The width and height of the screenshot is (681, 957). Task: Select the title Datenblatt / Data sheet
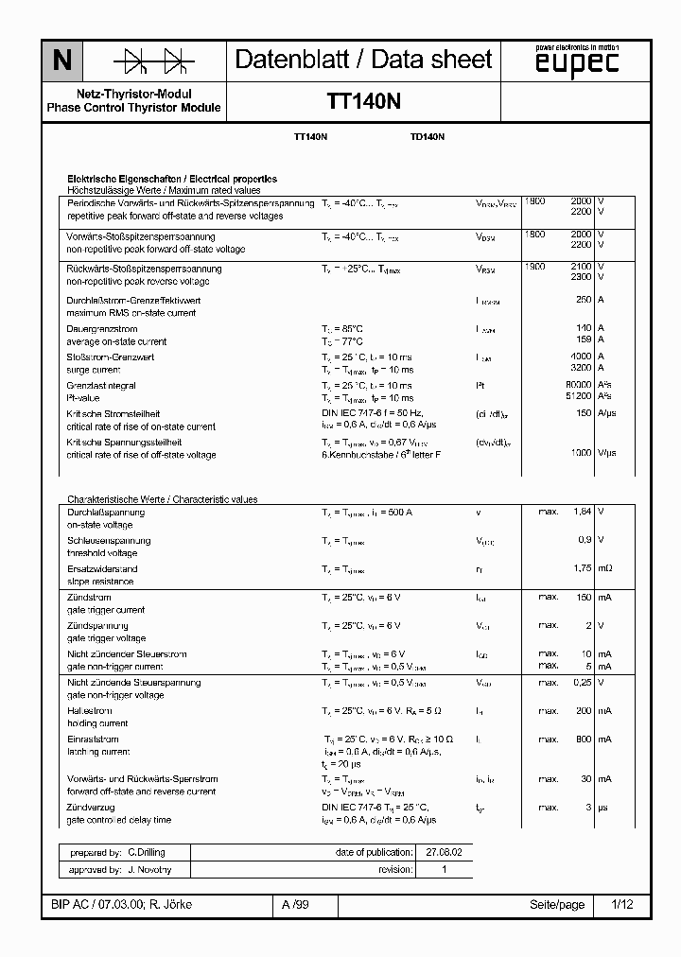(x=363, y=60)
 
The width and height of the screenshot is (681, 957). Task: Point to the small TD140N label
(x=428, y=137)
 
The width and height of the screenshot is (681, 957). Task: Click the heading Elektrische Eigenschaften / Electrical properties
(x=171, y=179)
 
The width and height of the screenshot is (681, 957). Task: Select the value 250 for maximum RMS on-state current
(x=583, y=300)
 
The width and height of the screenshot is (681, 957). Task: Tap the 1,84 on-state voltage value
(x=582, y=511)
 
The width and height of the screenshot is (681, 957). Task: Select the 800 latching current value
(x=583, y=739)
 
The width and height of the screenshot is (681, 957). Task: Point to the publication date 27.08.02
(x=438, y=852)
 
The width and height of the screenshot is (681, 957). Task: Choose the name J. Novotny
(x=149, y=869)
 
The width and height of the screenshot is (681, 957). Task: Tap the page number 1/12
(x=622, y=905)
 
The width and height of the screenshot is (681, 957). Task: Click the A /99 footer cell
(x=295, y=905)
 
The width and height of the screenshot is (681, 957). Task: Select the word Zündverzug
(x=91, y=808)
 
